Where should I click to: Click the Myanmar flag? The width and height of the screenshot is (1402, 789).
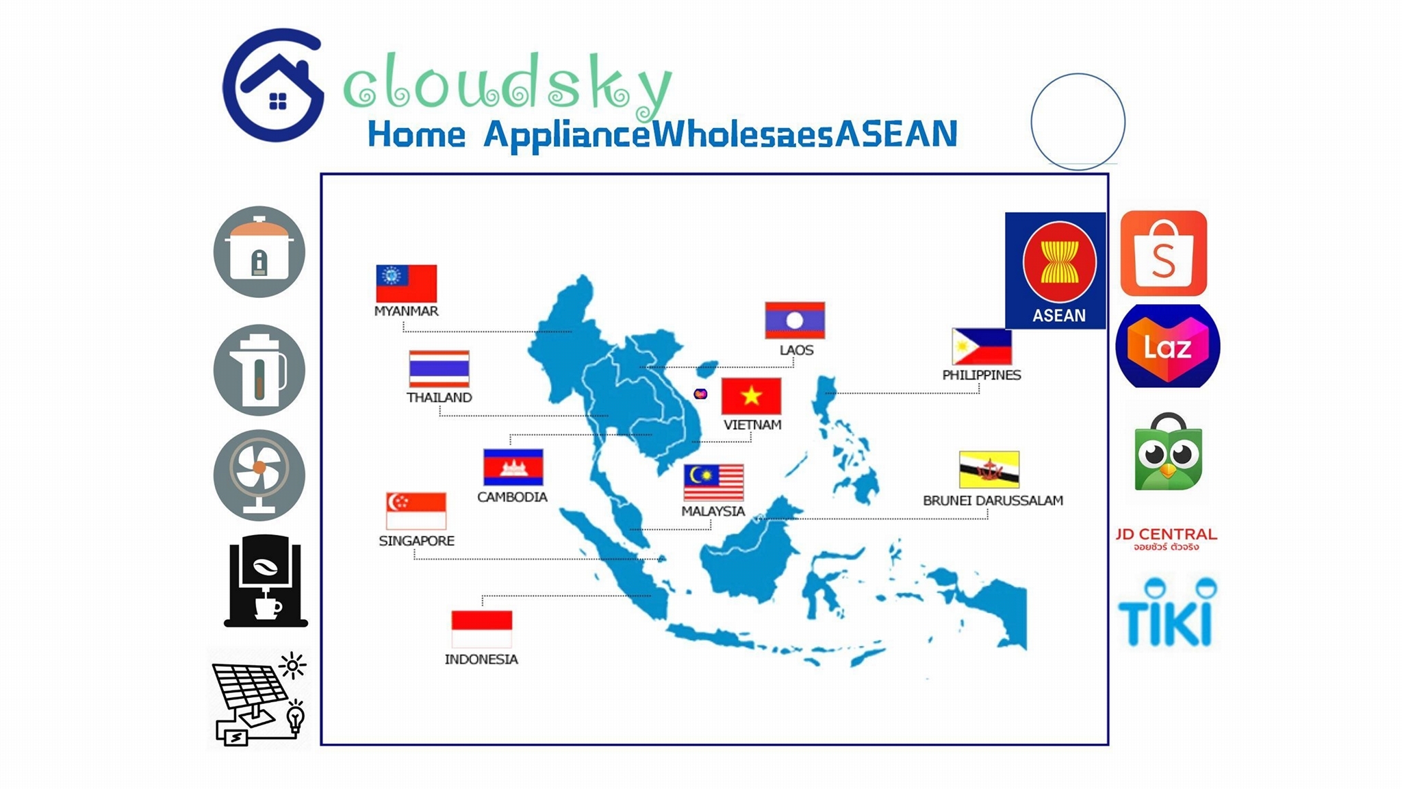pyautogui.click(x=406, y=284)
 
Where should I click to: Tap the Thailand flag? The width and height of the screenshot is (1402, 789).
pyautogui.click(x=439, y=369)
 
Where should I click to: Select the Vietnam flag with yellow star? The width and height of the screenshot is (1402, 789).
pyautogui.click(x=751, y=396)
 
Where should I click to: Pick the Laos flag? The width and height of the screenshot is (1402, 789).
pyautogui.click(x=795, y=320)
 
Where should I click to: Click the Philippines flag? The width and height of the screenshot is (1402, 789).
pyautogui.click(x=982, y=347)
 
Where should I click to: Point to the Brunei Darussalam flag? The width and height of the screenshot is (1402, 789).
pyautogui.click(x=989, y=469)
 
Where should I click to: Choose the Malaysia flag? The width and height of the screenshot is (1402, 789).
pyautogui.click(x=713, y=482)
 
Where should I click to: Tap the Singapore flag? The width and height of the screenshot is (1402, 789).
pyautogui.click(x=416, y=511)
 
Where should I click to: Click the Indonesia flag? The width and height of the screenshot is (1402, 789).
pyautogui.click(x=482, y=629)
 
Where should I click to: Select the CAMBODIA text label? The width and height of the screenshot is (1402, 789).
pyautogui.click(x=512, y=497)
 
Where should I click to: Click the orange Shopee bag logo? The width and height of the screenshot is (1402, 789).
pyautogui.click(x=1164, y=253)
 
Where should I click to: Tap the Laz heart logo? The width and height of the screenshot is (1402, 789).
pyautogui.click(x=1168, y=346)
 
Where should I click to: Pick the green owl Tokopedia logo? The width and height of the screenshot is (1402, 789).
pyautogui.click(x=1168, y=452)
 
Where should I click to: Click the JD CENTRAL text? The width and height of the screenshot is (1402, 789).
pyautogui.click(x=1166, y=534)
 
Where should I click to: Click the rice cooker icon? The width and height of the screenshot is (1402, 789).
pyautogui.click(x=259, y=251)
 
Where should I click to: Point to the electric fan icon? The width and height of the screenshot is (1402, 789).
pyautogui.click(x=259, y=475)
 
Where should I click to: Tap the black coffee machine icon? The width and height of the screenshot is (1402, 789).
pyautogui.click(x=266, y=581)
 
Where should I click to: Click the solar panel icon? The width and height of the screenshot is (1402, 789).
pyautogui.click(x=259, y=699)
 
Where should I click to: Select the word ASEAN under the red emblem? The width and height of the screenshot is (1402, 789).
pyautogui.click(x=1059, y=316)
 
